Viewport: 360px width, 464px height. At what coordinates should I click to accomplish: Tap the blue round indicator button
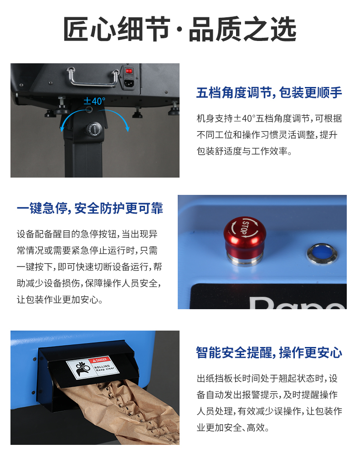point(322,254)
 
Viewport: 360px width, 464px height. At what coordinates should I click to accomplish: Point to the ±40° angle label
point(94,101)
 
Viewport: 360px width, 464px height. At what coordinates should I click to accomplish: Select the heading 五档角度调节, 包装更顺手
point(269,92)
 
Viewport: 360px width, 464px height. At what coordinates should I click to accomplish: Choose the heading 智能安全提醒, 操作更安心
point(269,352)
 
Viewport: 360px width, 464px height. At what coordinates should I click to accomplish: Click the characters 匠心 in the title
point(89,29)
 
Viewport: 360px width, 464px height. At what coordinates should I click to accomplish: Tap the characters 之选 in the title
point(270,29)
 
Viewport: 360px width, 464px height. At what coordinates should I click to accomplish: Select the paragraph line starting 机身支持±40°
point(269,119)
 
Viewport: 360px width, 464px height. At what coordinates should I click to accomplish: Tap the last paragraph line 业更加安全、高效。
point(233,428)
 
